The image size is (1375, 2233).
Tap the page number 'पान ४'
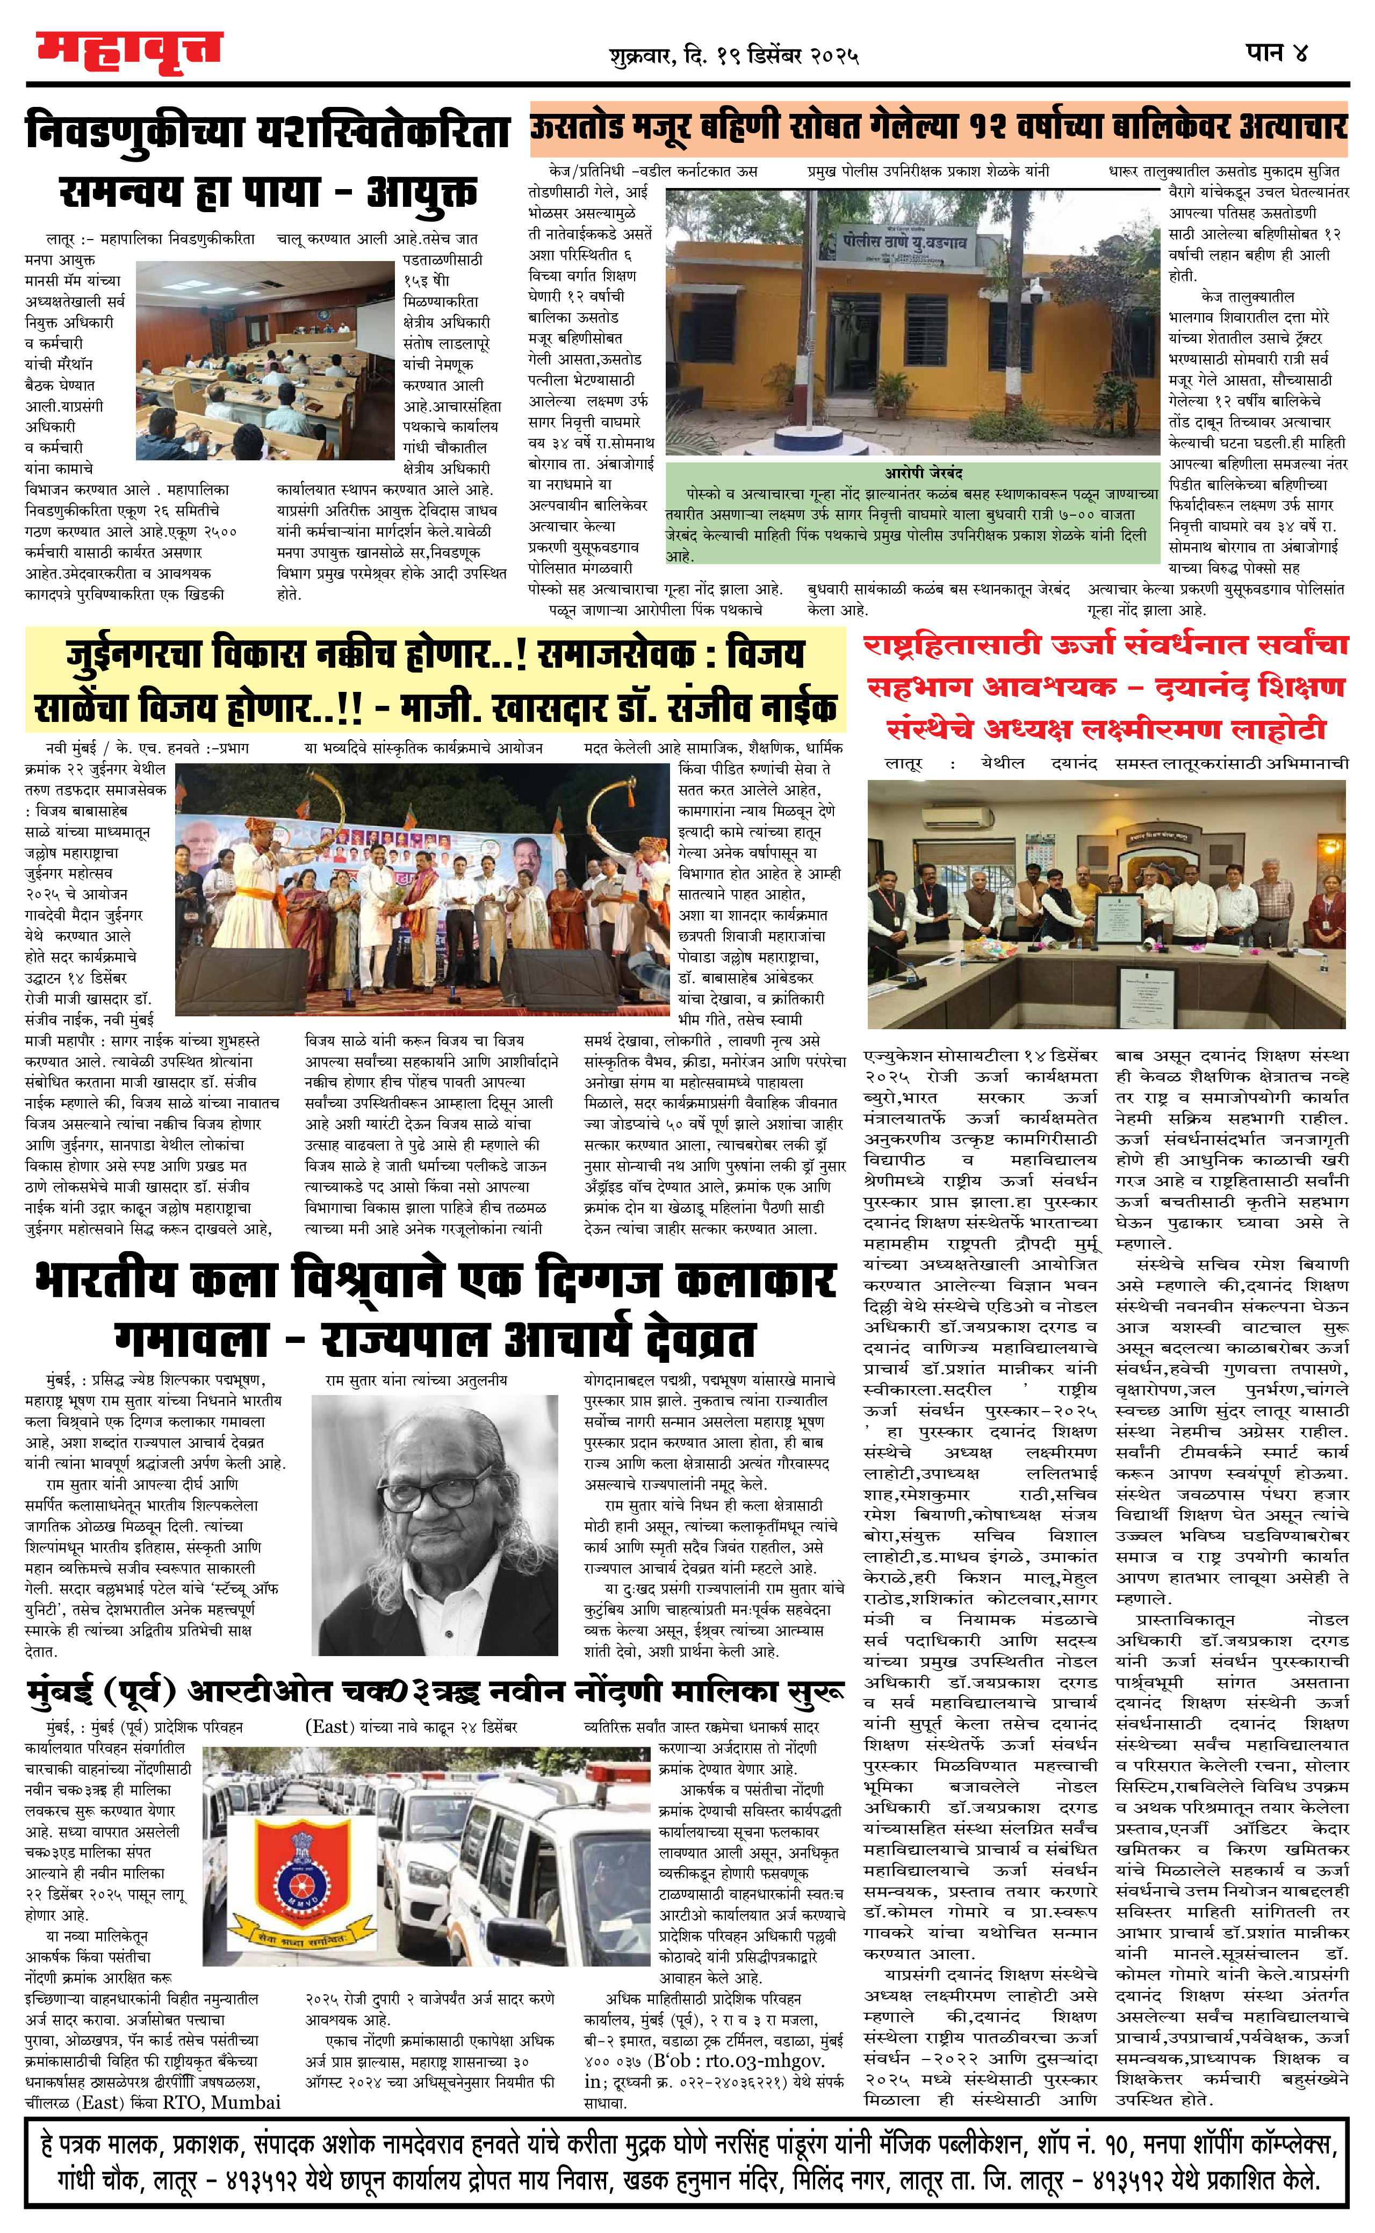[1277, 53]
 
